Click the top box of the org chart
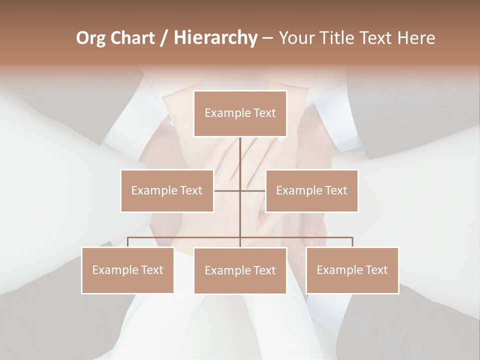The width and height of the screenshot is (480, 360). tap(240, 113)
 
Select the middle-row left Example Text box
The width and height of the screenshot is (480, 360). tap(167, 190)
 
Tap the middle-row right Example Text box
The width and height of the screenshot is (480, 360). tap(311, 190)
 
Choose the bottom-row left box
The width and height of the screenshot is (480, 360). tap(128, 270)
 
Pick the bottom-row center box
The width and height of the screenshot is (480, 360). tap(240, 270)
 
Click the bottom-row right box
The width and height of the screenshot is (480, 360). tap(352, 270)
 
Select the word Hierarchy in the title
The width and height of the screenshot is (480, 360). tap(215, 38)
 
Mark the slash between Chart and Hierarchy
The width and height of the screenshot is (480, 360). tap(164, 38)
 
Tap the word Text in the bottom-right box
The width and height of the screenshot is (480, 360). tap(376, 270)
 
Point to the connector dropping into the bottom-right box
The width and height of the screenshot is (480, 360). tap(352, 242)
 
